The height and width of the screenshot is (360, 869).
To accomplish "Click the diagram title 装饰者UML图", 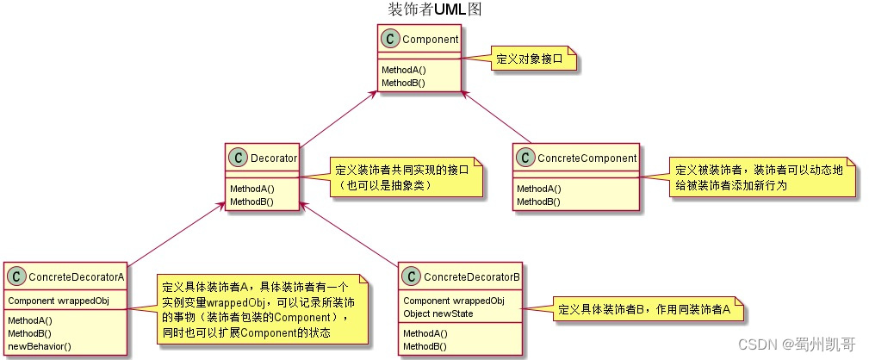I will (434, 9).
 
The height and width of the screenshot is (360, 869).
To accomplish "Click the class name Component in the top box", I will (430, 38).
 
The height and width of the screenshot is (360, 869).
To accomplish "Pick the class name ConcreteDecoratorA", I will (76, 276).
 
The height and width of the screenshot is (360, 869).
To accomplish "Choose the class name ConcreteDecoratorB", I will (472, 276).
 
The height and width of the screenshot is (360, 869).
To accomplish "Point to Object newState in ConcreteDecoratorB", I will (438, 313).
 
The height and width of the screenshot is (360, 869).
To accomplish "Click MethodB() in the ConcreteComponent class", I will (538, 202).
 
